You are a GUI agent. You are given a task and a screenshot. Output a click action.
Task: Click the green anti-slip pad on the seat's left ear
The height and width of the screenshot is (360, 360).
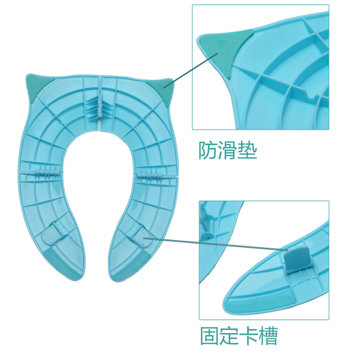(x=34, y=82)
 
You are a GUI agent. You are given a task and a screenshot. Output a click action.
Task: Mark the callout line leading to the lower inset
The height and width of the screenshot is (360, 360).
(x=216, y=245)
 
